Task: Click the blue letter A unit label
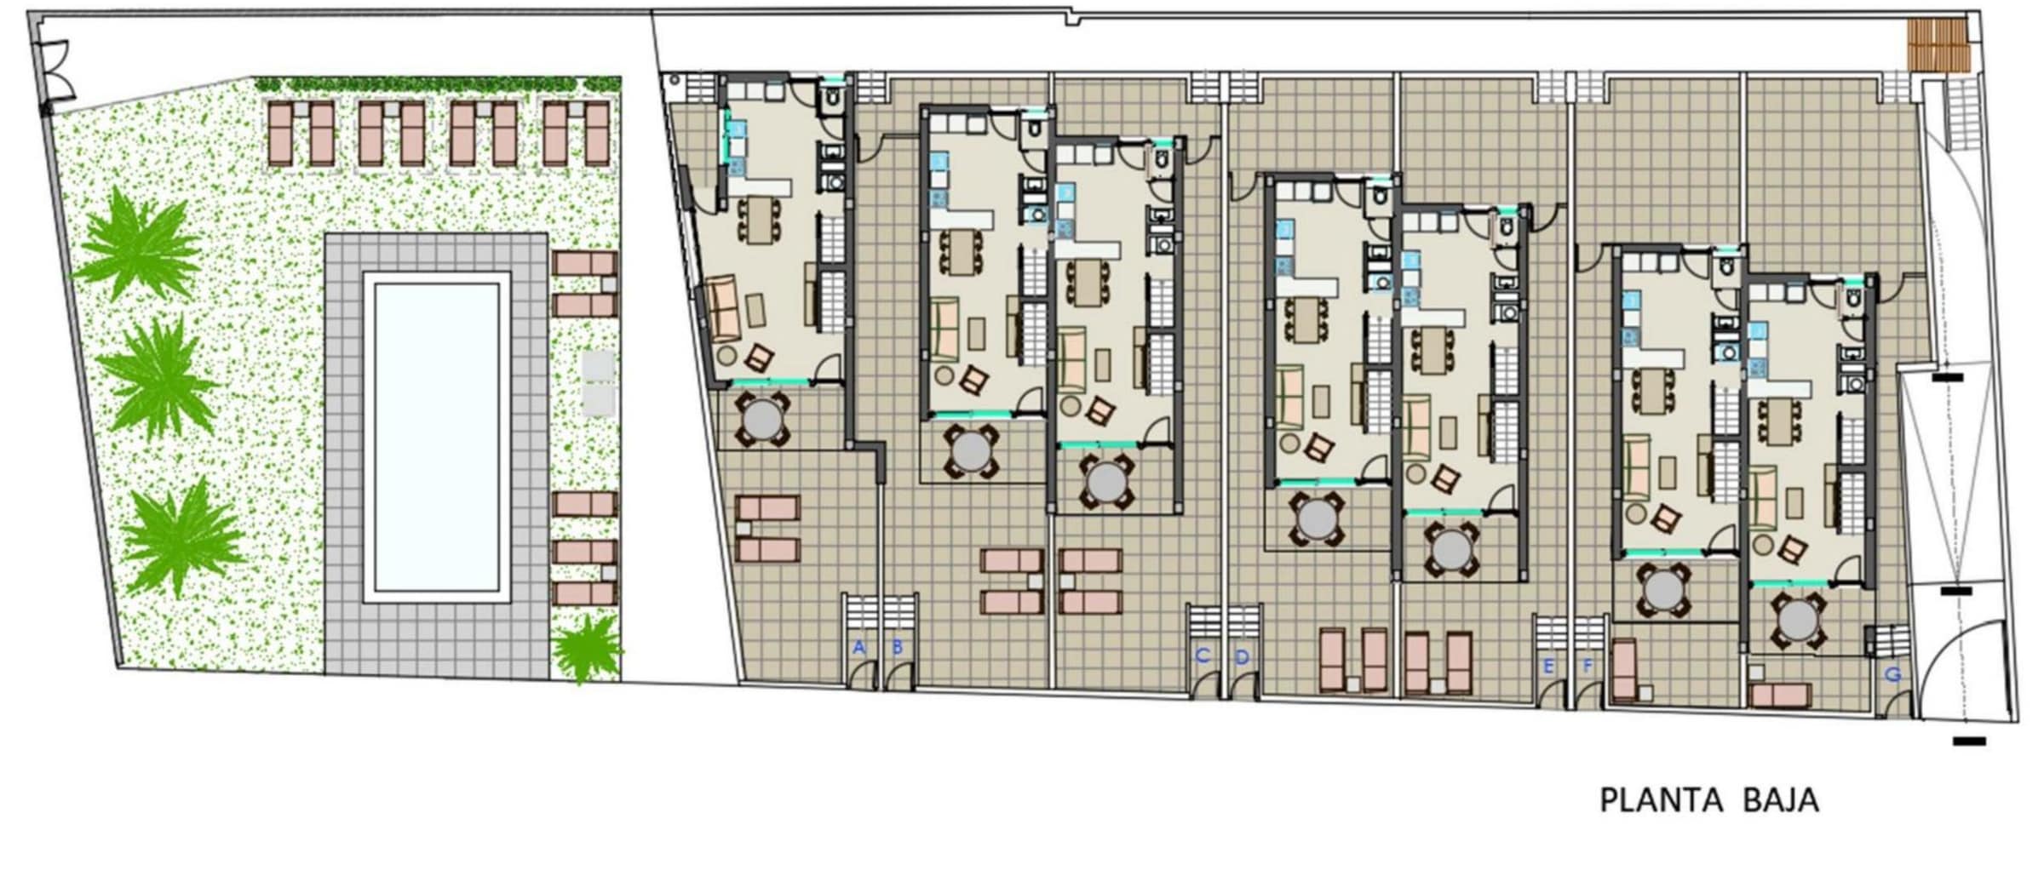coord(858,648)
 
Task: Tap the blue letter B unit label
coord(897,648)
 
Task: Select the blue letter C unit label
coord(1203,656)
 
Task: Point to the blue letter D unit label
coord(1242,657)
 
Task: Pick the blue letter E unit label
coord(1548,667)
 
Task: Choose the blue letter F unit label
coord(1587,667)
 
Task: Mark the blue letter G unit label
coord(1893,675)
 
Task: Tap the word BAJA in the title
coord(1781,800)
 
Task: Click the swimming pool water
coord(436,438)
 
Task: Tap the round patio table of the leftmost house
coord(761,419)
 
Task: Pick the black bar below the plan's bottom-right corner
coord(1969,741)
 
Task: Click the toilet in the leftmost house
coord(831,100)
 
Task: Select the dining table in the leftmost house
coord(760,220)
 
